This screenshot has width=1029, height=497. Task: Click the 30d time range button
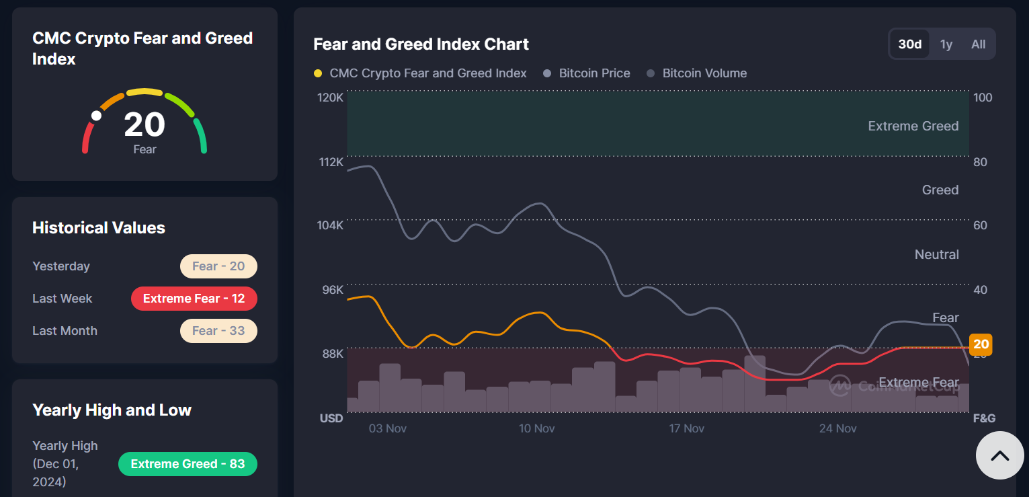pyautogui.click(x=910, y=44)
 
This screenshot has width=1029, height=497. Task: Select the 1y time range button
pyautogui.click(x=946, y=44)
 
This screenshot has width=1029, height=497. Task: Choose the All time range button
pyautogui.click(x=978, y=44)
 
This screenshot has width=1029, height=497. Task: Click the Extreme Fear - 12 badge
pyautogui.click(x=194, y=299)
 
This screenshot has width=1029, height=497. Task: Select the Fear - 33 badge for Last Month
pyautogui.click(x=218, y=331)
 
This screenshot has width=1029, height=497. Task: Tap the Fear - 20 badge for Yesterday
pyautogui.click(x=218, y=266)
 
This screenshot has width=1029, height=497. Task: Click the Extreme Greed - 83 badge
pyautogui.click(x=188, y=464)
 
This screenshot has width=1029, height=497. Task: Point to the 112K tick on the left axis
pyautogui.click(x=330, y=162)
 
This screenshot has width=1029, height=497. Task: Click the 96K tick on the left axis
pyautogui.click(x=331, y=290)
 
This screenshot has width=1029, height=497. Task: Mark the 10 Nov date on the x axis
pyautogui.click(x=536, y=428)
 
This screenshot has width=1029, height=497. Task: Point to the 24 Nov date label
pyautogui.click(x=837, y=428)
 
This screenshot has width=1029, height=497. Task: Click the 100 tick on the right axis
pyautogui.click(x=983, y=98)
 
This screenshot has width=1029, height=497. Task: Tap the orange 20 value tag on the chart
pyautogui.click(x=981, y=344)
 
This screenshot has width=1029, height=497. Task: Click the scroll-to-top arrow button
pyautogui.click(x=999, y=455)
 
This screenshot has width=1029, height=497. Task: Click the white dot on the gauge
pyautogui.click(x=96, y=116)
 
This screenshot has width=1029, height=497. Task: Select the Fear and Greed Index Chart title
pyautogui.click(x=421, y=44)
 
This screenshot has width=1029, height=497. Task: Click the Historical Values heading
pyautogui.click(x=99, y=228)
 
